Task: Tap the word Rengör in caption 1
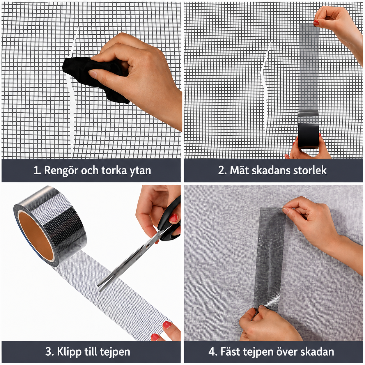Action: pyautogui.click(x=61, y=171)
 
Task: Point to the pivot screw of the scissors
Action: pyautogui.click(x=147, y=247)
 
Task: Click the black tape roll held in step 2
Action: pyautogui.click(x=308, y=136)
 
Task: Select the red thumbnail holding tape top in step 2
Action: pyautogui.click(x=316, y=23)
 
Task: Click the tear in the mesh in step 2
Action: pyautogui.click(x=265, y=87)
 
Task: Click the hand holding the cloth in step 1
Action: pyautogui.click(x=137, y=76)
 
